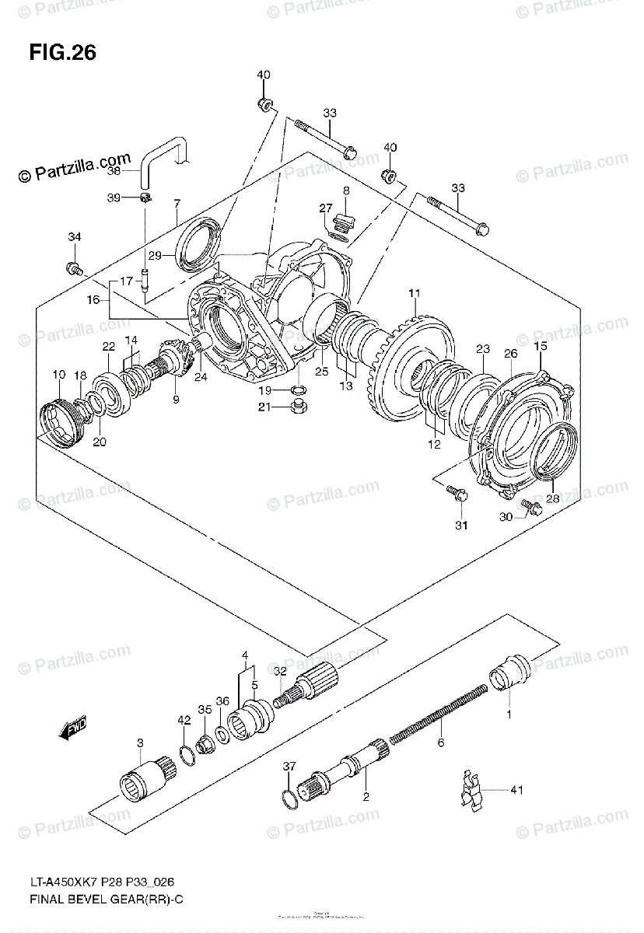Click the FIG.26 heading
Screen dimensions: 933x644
tap(63, 53)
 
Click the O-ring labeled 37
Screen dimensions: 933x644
tap(289, 797)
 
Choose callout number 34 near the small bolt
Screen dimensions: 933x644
tap(74, 236)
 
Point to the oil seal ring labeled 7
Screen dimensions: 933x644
tap(201, 243)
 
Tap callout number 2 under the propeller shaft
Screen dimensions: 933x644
tap(366, 796)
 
